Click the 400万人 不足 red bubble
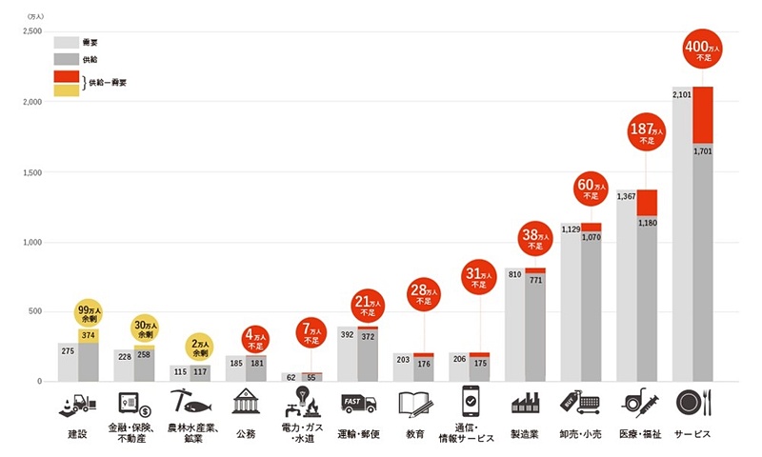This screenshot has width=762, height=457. (703, 51)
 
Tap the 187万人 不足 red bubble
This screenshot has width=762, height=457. (647, 133)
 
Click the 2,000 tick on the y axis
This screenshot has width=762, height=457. (32, 103)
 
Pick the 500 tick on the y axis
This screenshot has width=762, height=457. (35, 311)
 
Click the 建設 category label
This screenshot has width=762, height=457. (77, 434)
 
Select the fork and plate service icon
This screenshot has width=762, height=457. (693, 403)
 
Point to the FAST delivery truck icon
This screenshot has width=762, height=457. (358, 404)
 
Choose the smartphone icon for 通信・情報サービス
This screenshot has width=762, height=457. (471, 401)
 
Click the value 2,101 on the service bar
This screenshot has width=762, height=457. (682, 95)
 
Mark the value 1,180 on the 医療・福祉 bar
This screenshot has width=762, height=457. (648, 224)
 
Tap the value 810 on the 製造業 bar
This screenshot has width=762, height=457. (515, 275)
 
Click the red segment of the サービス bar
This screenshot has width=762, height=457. (703, 114)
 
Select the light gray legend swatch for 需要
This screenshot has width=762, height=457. (66, 42)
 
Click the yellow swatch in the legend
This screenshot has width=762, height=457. (66, 90)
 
